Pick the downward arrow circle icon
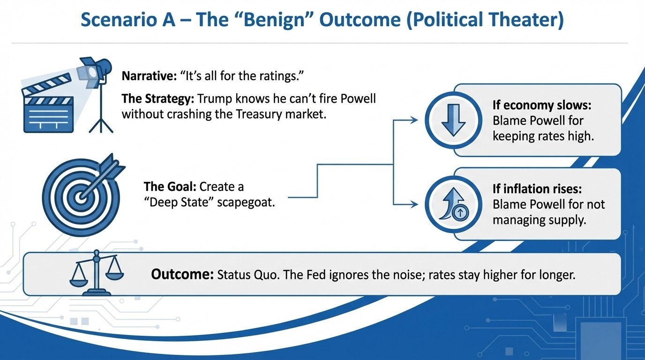click(x=453, y=120)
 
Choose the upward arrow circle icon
click(x=453, y=204)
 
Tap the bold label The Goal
click(x=169, y=187)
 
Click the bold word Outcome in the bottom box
click(x=182, y=275)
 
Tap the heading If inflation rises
click(x=537, y=188)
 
